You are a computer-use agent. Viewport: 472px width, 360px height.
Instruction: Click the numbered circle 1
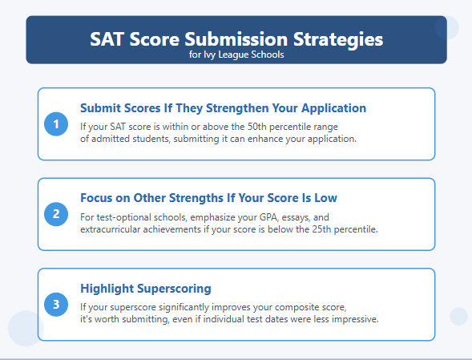(x=56, y=123)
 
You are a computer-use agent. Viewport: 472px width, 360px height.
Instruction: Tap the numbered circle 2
(x=56, y=213)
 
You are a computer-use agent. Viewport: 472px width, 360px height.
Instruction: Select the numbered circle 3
(x=56, y=304)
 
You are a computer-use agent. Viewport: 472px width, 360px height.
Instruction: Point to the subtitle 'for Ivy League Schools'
(x=236, y=55)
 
